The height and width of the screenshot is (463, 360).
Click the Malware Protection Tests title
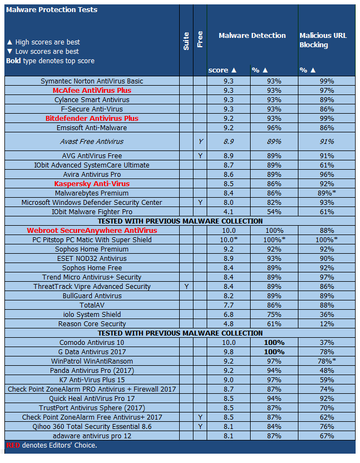pos(52,10)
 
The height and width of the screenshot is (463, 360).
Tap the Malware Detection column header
pos(252,35)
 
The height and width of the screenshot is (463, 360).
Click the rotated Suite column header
pos(186,41)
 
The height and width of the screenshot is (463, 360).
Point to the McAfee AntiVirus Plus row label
pos(92,91)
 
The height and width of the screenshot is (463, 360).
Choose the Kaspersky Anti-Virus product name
pos(92,183)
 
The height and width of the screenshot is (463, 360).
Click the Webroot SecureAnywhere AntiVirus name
pos(92,231)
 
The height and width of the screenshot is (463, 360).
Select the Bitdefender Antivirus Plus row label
pos(92,119)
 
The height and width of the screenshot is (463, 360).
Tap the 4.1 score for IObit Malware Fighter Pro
pos(229,212)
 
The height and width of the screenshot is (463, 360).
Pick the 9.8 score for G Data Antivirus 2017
pos(229,352)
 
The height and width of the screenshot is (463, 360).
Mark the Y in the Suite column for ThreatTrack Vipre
pos(186,287)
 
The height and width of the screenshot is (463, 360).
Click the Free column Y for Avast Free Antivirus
pos(200,142)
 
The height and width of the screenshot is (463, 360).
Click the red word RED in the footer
pos(13,445)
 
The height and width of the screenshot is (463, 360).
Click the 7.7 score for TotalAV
pos(229,305)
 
